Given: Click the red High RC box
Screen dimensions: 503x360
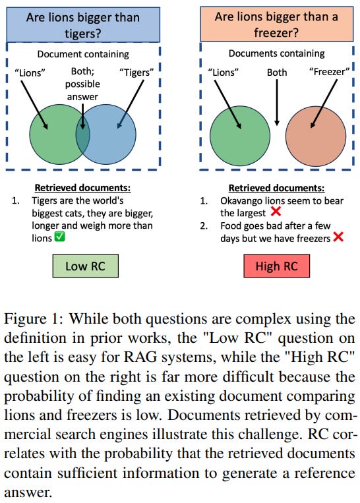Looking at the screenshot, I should click(276, 266).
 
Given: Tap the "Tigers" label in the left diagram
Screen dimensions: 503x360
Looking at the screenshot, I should click(138, 73).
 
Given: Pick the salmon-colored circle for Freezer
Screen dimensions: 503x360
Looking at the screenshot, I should click(315, 137).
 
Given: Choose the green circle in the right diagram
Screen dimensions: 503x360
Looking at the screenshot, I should click(240, 137).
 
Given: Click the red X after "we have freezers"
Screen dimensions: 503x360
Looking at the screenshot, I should click(338, 238).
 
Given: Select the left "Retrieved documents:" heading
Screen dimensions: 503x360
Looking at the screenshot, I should click(82, 187).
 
